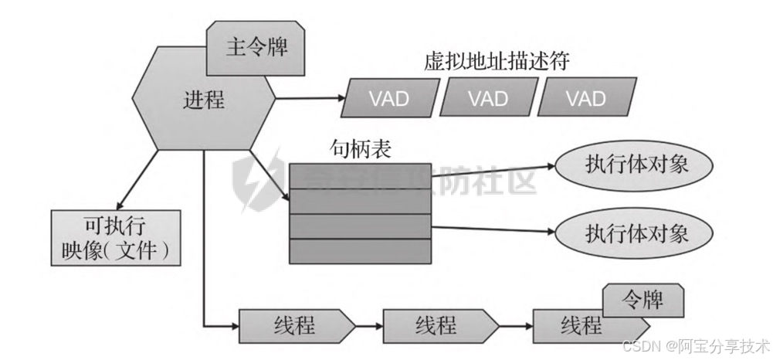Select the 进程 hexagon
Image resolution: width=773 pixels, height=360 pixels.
click(203, 100)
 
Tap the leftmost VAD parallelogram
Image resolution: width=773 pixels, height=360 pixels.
click(388, 98)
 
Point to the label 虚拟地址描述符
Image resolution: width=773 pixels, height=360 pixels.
click(496, 63)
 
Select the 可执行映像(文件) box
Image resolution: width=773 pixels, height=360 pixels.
click(116, 237)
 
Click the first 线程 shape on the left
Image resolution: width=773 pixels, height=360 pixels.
click(293, 323)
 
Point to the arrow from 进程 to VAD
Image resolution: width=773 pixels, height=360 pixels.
click(309, 98)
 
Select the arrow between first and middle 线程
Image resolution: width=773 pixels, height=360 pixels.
click(369, 323)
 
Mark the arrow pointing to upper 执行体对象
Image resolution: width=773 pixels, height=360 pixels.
click(494, 168)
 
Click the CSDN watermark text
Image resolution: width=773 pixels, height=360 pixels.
click(695, 344)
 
